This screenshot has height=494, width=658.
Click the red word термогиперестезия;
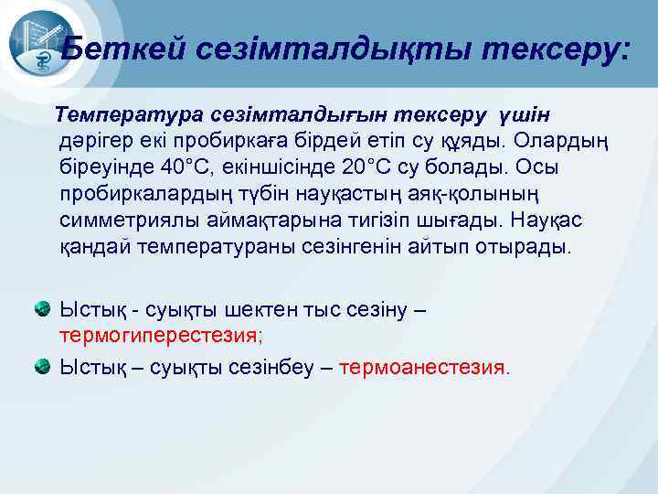(161, 335)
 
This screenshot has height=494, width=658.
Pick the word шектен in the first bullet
(251, 309)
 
